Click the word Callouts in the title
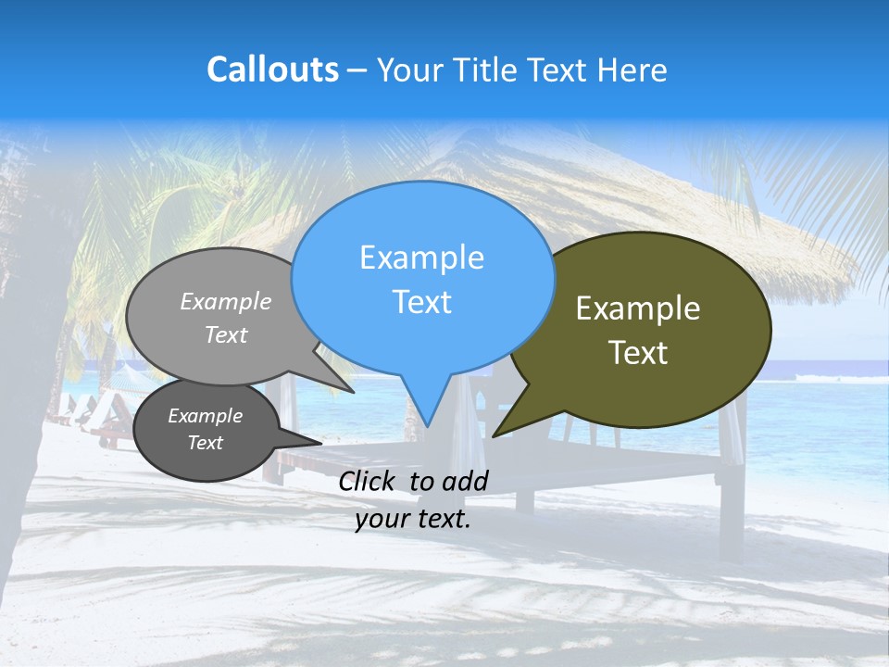tap(272, 69)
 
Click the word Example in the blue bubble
tap(421, 258)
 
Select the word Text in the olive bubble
tap(638, 353)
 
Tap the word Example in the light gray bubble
tap(226, 301)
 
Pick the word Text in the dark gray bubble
tap(205, 443)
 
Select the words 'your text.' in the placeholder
tap(413, 519)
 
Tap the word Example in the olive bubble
tap(638, 308)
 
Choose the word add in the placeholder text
tap(466, 481)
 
